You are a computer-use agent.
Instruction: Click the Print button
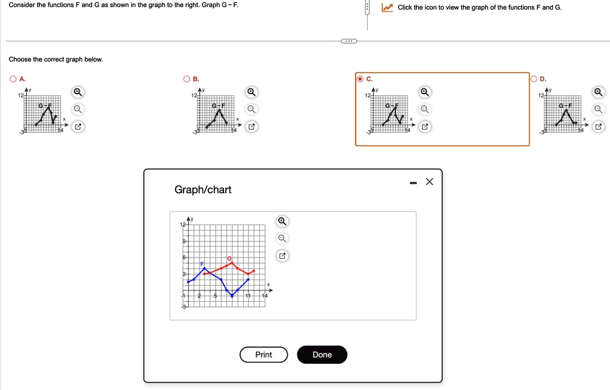click(263, 354)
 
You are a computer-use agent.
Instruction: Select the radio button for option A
click(13, 79)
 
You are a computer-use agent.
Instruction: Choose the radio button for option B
click(187, 79)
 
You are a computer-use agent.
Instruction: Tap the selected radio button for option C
click(360, 79)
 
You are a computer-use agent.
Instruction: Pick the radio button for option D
click(534, 79)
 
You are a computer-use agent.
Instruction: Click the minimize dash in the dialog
click(413, 183)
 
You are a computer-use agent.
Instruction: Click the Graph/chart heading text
click(203, 190)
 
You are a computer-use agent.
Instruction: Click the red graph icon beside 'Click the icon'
click(388, 8)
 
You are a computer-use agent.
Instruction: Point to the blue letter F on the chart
click(202, 264)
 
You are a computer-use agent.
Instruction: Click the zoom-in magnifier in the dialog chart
click(282, 222)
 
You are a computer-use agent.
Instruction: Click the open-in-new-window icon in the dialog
click(282, 256)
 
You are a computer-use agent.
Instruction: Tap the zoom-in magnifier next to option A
click(77, 92)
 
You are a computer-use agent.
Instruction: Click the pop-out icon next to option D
click(598, 126)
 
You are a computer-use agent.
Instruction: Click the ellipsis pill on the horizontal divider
click(348, 41)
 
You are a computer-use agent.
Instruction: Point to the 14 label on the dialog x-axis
click(265, 296)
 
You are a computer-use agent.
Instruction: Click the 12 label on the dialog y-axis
click(183, 224)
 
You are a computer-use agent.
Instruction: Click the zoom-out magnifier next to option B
click(251, 109)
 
